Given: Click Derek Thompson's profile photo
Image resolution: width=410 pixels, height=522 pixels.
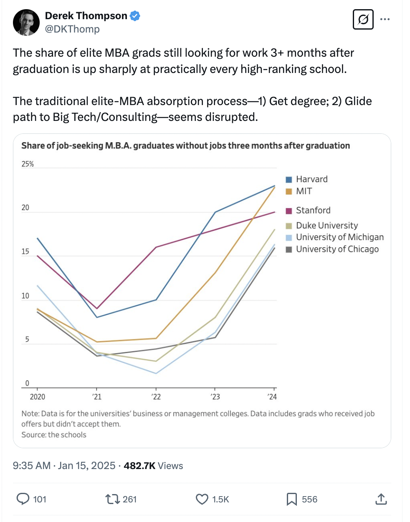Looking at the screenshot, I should (26, 23).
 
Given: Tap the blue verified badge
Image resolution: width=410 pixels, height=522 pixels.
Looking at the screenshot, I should (135, 16).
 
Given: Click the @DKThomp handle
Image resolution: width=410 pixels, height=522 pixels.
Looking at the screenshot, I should (72, 29).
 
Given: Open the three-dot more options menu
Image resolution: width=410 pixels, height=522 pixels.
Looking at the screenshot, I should (385, 19).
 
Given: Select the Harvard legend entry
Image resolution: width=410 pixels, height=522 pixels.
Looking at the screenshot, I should (311, 179).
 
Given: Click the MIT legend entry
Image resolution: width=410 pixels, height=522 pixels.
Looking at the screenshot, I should (304, 191).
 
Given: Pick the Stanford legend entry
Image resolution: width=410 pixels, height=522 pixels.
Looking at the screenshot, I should (313, 211).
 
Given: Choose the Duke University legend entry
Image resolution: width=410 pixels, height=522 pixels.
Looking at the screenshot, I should (326, 226).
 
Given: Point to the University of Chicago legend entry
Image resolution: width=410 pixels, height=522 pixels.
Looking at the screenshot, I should (337, 249).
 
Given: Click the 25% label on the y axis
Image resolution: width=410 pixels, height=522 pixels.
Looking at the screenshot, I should (28, 164).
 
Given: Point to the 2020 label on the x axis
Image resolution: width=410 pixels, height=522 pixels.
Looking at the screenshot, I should (37, 397).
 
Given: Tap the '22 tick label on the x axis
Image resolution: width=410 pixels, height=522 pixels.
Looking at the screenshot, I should (156, 397).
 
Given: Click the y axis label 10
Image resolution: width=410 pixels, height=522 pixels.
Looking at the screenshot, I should (25, 296).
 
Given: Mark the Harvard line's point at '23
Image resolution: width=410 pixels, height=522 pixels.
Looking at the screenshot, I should (215, 212).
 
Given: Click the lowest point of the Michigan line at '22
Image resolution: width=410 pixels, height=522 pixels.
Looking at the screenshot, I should (156, 373).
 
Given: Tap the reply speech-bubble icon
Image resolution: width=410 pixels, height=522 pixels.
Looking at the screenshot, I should (23, 499).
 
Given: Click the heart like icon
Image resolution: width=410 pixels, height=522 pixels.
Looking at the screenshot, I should (202, 499).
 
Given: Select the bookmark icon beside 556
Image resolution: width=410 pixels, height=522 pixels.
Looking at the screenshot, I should (291, 499).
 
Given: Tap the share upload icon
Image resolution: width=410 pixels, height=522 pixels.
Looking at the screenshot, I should (381, 499).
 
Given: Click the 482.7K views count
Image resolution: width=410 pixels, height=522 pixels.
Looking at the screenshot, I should (139, 466).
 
